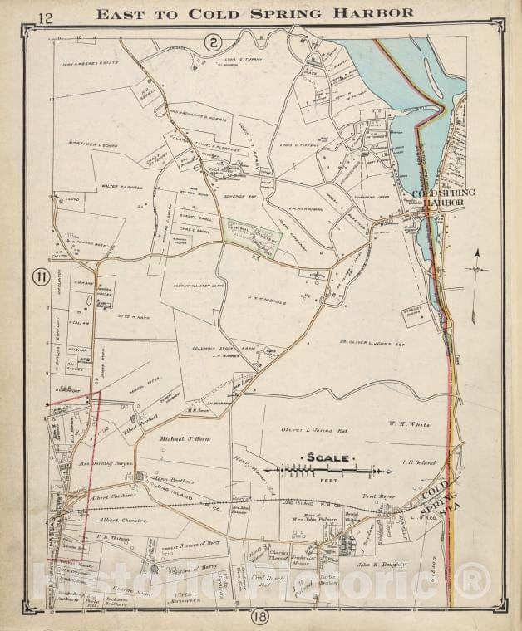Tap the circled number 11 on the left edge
(x=38, y=277)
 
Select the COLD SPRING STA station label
(x=441, y=502)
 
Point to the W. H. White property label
(x=411, y=424)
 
